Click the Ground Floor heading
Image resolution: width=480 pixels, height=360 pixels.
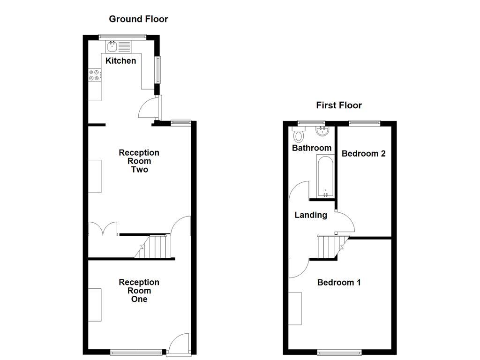tap(138, 19)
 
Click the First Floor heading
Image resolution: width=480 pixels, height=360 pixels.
tap(338, 105)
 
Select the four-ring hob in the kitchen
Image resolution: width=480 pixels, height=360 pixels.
tap(95, 75)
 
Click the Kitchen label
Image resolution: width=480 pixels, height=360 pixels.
tap(120, 61)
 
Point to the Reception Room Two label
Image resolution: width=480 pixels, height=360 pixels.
tap(139, 161)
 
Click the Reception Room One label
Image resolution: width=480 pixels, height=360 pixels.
tap(139, 291)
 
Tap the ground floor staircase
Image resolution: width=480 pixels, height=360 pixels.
tap(155, 247)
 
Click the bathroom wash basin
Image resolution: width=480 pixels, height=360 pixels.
tap(322, 131)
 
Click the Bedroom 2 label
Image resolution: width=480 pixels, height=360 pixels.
tap(363, 154)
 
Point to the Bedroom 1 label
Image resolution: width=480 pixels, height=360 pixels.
tap(339, 283)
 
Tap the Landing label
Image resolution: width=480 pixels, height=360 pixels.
tap(310, 215)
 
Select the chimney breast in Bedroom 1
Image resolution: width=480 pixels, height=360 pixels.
tap(295, 308)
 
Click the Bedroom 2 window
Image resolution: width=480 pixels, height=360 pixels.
tap(364, 123)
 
